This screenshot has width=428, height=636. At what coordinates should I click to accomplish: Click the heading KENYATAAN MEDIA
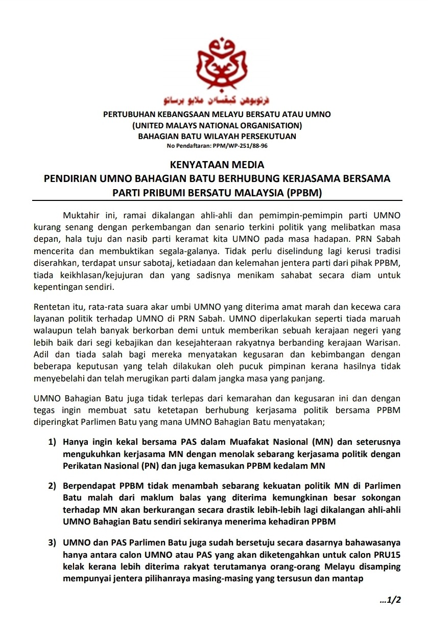(x=217, y=165)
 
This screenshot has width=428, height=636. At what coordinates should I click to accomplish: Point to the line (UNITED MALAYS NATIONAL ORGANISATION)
(x=217, y=125)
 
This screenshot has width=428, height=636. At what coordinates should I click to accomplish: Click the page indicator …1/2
(x=391, y=600)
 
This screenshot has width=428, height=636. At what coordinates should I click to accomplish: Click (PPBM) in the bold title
(x=304, y=193)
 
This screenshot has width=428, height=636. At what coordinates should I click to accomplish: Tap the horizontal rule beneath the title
(x=217, y=200)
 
